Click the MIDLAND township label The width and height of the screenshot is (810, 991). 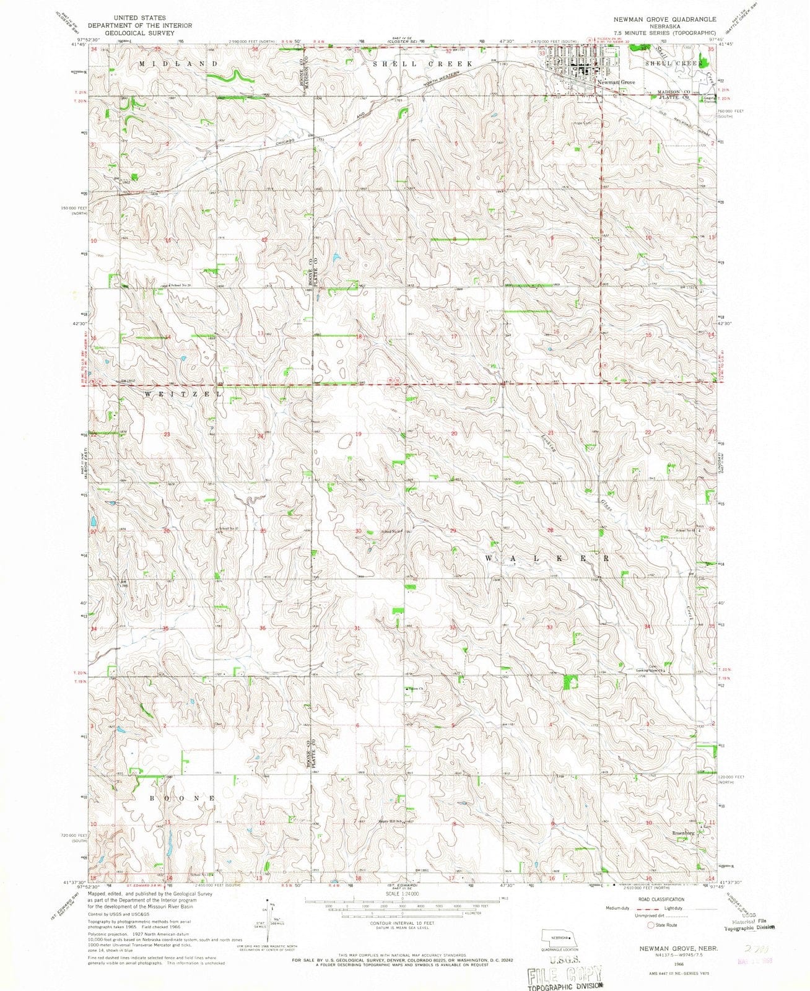(x=178, y=64)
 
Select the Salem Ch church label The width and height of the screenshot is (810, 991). (x=414, y=689)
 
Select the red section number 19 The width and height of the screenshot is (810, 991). (x=359, y=434)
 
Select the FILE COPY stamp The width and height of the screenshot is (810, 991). (x=564, y=975)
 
